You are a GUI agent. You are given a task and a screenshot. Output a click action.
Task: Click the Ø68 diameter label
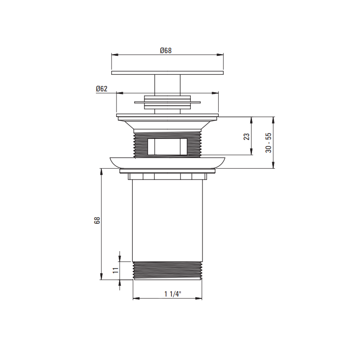[166, 50]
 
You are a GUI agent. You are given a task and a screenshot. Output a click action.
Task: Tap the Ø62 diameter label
[102, 89]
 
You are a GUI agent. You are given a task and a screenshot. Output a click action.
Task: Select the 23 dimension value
[246, 137]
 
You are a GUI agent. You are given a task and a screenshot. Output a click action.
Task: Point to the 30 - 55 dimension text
[268, 143]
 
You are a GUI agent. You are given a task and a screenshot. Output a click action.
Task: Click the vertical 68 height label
[97, 220]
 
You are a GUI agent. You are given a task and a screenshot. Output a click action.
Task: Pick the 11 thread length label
[116, 270]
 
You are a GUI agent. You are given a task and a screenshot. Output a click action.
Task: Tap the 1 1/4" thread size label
[173, 294]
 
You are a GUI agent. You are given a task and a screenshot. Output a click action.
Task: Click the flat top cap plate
[167, 73]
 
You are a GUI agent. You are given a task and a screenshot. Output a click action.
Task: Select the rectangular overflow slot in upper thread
[167, 147]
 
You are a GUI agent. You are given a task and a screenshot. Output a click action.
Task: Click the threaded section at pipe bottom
[167, 270]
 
